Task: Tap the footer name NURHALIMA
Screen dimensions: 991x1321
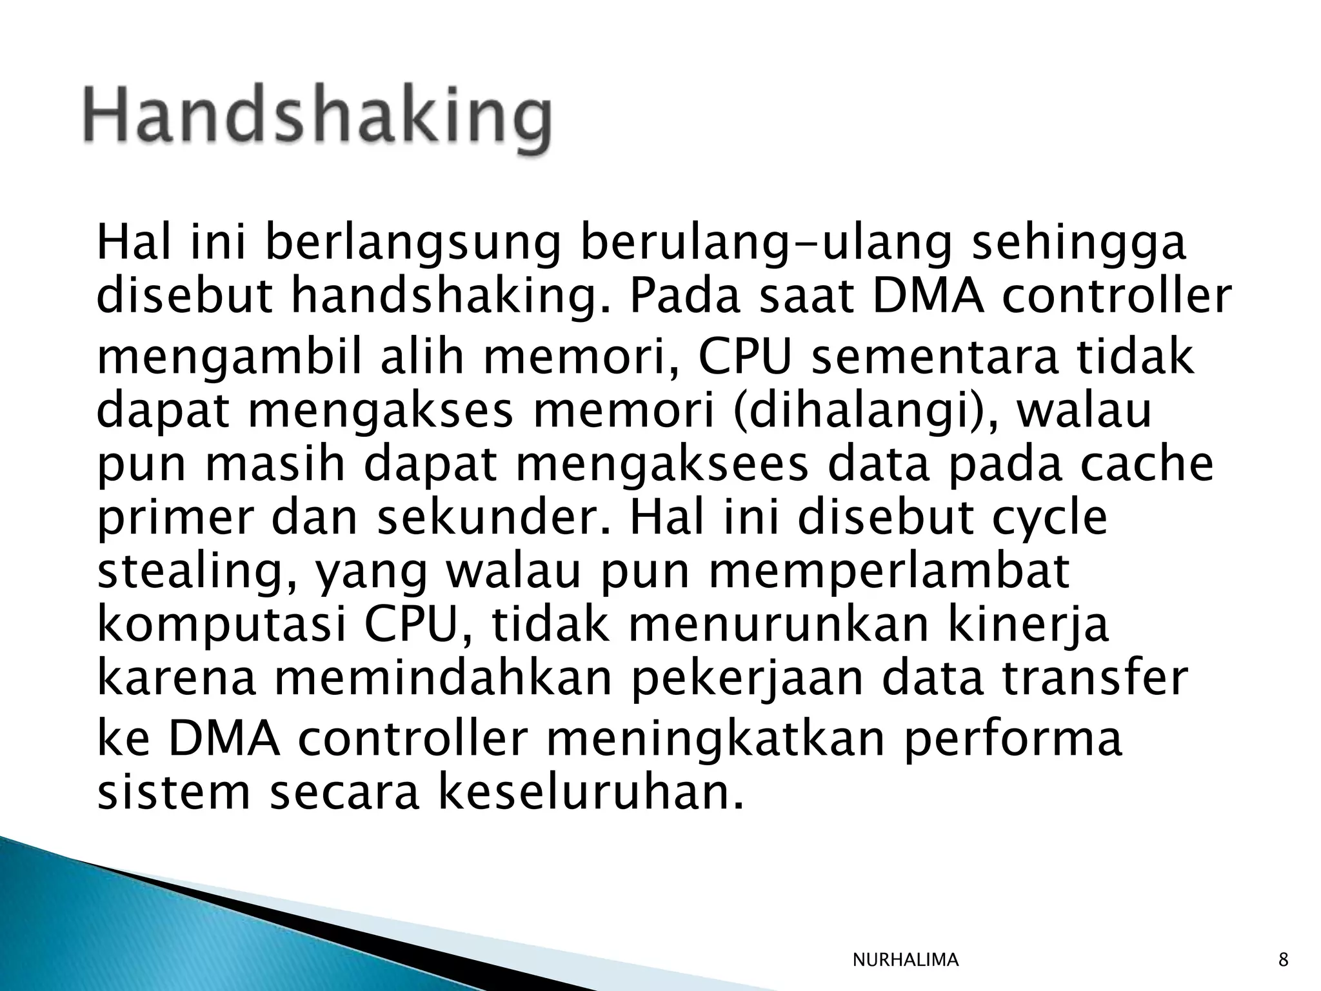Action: [905, 961]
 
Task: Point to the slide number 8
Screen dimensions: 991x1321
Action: [1283, 961]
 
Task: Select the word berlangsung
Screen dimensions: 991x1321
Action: [412, 245]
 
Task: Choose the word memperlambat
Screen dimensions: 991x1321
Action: [889, 572]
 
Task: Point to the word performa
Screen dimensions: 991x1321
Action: [1013, 739]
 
